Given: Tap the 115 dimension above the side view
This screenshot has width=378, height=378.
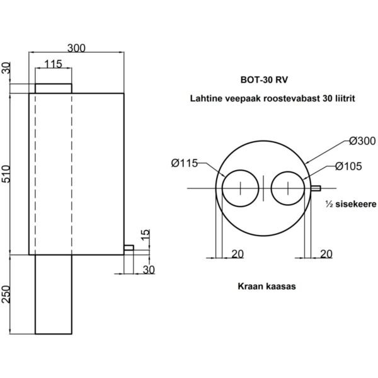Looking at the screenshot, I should (54, 64).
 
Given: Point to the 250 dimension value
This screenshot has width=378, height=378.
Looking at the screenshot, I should (7, 294).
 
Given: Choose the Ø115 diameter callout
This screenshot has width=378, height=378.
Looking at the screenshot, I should (185, 164).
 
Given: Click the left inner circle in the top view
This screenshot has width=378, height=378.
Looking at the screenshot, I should (240, 188).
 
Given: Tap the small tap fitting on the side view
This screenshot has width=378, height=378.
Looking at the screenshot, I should (128, 248).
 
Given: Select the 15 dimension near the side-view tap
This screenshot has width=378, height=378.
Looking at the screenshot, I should (146, 236).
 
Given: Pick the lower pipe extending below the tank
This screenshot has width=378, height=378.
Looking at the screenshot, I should (54, 294).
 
